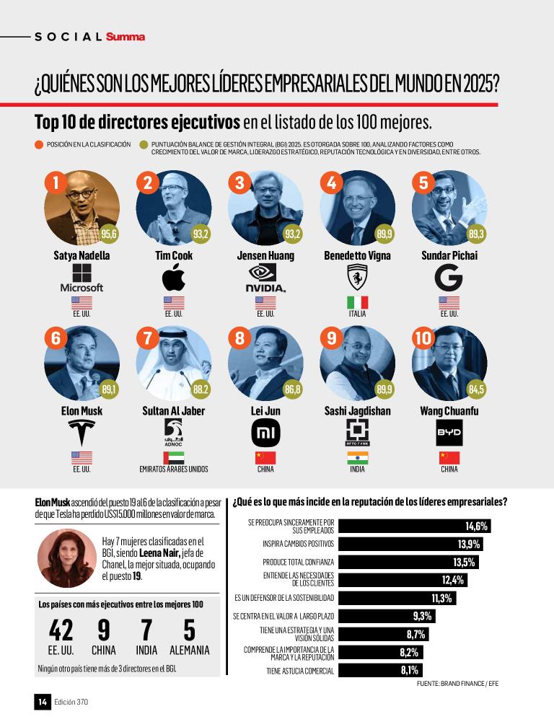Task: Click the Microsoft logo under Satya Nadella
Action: [82, 278]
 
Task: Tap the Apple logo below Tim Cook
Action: [174, 278]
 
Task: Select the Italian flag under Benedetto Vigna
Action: [357, 301]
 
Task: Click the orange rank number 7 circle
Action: [148, 338]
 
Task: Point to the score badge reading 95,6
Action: [109, 234]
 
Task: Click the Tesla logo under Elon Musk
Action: [82, 432]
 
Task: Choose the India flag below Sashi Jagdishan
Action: [357, 457]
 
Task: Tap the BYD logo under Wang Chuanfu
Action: [449, 433]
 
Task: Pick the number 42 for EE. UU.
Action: [61, 630]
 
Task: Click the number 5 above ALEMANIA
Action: [189, 630]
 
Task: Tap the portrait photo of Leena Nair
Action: [67, 558]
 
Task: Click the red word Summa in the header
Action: [125, 36]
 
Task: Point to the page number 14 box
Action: [43, 701]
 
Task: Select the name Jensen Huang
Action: [265, 255]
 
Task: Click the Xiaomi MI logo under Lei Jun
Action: [265, 433]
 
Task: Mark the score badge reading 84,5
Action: [476, 390]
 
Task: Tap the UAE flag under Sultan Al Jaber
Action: [174, 457]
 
